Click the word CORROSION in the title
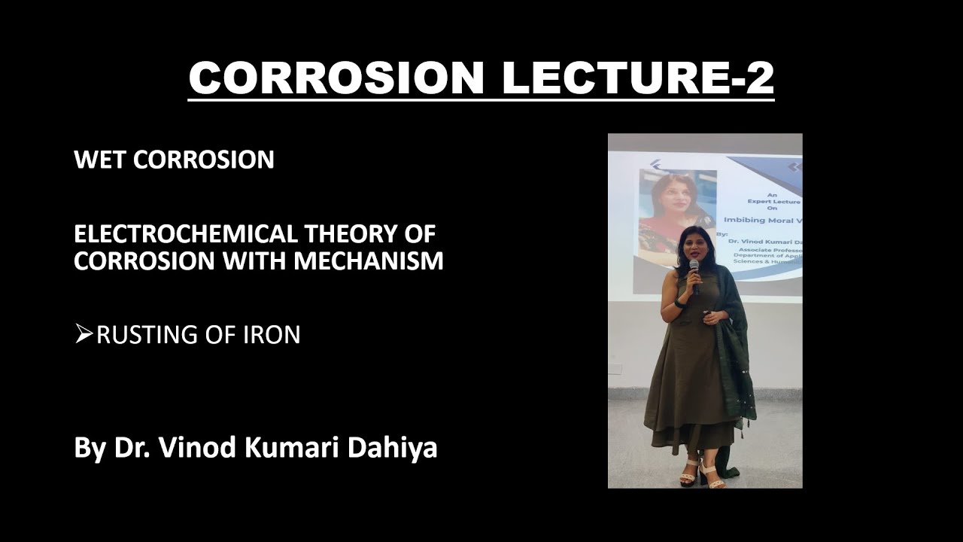tap(336, 77)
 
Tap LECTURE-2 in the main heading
tap(638, 77)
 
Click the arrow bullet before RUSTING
tap(83, 334)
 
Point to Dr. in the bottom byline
tap(129, 447)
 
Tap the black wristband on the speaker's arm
tap(679, 303)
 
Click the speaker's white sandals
tap(700, 475)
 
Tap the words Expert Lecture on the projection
tap(773, 202)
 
